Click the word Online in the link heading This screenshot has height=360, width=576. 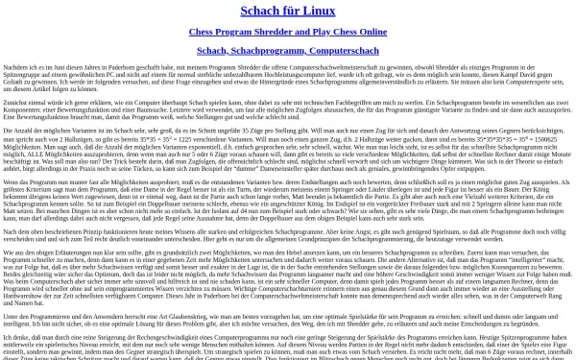pos(367,31)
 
